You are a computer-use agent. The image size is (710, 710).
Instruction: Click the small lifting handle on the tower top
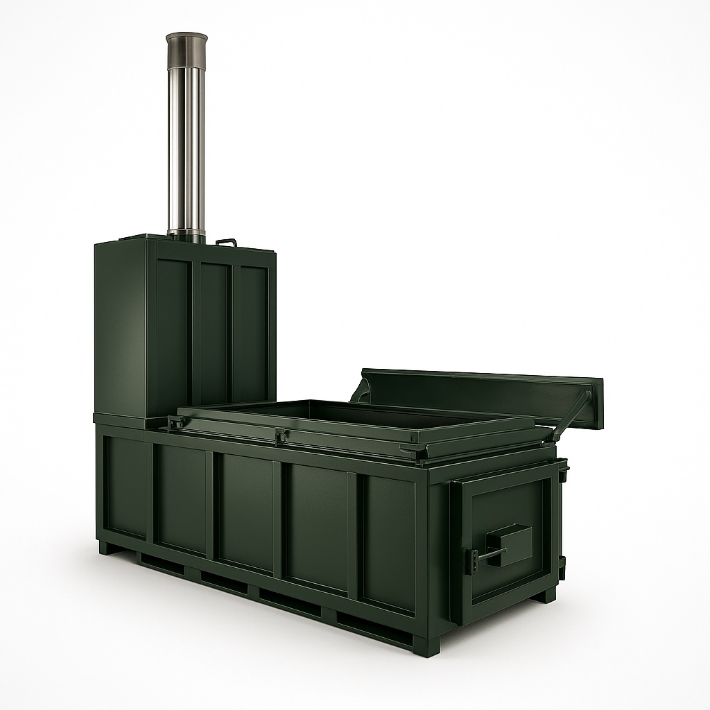coord(226,242)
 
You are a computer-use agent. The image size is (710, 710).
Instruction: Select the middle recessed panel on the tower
coord(214,326)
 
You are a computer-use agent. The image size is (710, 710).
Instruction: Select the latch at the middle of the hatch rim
coord(281,436)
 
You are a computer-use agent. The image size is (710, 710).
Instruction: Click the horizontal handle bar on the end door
coord(489,554)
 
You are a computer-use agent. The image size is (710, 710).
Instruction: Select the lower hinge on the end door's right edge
coord(562,565)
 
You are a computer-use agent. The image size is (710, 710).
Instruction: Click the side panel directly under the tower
coord(126,485)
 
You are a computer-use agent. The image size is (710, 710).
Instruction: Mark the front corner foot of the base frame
coord(426,646)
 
